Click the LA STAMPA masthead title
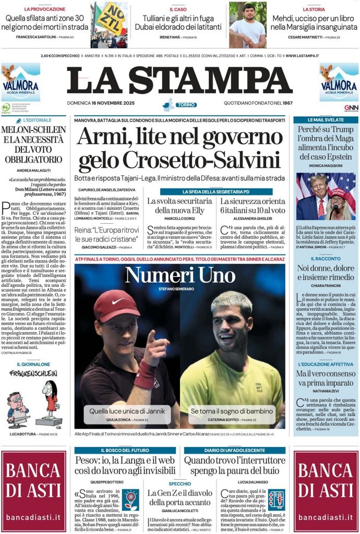179,81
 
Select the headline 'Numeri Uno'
180,275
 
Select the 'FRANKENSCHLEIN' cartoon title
33,374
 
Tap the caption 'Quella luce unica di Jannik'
127,411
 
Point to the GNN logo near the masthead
351,108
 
